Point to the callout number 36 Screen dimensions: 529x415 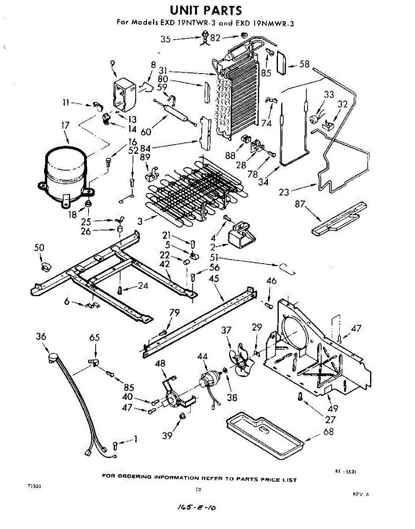[x=41, y=337]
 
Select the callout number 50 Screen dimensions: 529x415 [x=39, y=248]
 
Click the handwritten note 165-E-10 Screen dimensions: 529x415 [x=193, y=508]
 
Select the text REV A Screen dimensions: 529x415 [x=360, y=495]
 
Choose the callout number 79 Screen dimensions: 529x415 [x=174, y=313]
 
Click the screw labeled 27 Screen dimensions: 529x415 [x=300, y=397]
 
